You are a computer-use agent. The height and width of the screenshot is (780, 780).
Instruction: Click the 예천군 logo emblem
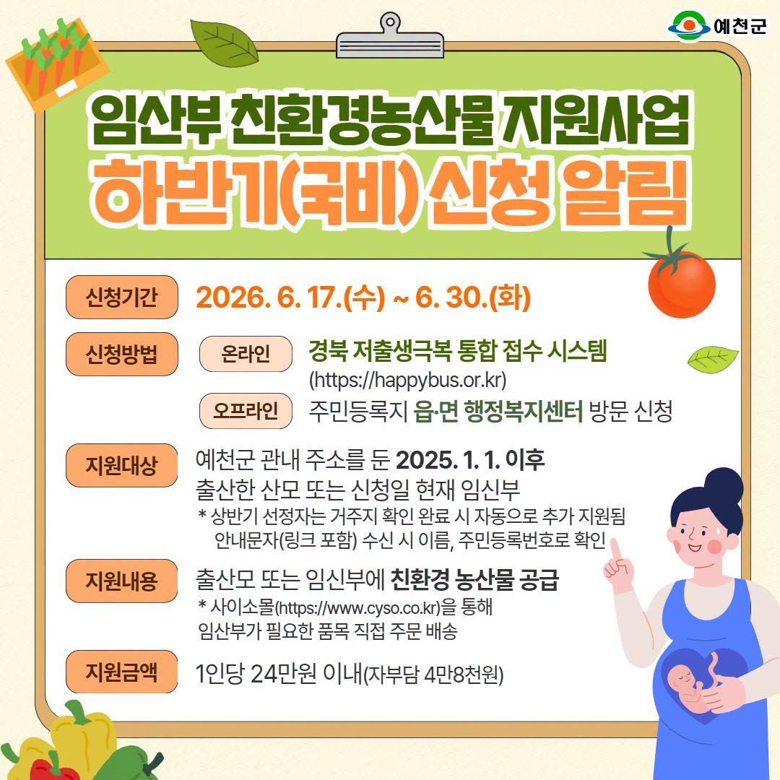pyautogui.click(x=688, y=26)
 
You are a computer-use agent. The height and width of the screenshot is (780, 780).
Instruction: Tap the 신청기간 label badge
pyautogui.click(x=122, y=297)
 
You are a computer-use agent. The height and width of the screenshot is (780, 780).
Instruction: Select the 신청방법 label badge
pyautogui.click(x=122, y=354)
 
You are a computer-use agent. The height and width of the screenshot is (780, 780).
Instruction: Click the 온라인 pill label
pyautogui.click(x=246, y=354)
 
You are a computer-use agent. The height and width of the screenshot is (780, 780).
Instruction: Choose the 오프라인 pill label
pyautogui.click(x=246, y=411)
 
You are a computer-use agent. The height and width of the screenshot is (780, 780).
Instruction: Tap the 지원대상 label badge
pyautogui.click(x=122, y=465)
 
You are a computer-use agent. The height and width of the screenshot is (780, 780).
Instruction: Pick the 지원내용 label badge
pyautogui.click(x=122, y=581)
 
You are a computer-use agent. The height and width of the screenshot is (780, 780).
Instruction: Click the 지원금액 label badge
pyautogui.click(x=122, y=672)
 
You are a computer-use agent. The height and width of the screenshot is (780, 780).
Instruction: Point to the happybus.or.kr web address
pyautogui.click(x=408, y=381)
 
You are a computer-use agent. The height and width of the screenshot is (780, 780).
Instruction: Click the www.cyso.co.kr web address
pyautogui.click(x=358, y=607)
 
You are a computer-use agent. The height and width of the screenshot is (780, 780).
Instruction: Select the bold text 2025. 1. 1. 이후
pyautogui.click(x=470, y=459)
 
